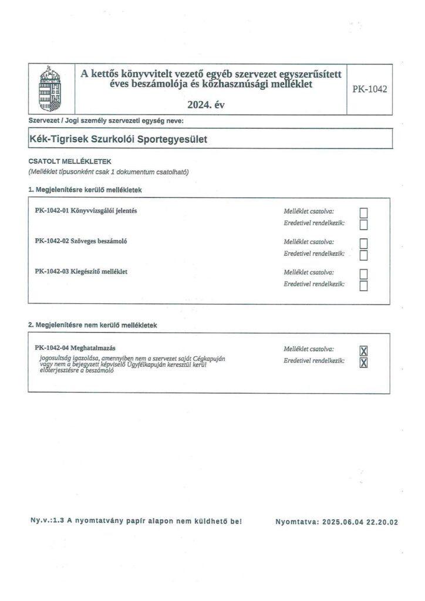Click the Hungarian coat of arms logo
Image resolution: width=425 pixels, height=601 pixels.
coord(49,89)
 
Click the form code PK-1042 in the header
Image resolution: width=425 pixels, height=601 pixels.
coord(370,90)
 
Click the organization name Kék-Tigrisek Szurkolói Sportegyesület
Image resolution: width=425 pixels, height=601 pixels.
coord(118,140)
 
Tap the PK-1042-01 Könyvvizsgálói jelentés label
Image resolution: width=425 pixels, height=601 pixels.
coord(86,211)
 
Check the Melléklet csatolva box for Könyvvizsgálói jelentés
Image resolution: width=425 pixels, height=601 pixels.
coord(363,212)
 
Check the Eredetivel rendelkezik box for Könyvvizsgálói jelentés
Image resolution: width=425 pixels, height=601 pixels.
coord(363,224)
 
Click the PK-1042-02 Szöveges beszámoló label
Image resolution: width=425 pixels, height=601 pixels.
coord(82,241)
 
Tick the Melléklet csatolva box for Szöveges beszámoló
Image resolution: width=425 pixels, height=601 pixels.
coord(363,243)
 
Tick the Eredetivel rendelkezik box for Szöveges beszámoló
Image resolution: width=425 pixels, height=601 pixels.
coord(363,255)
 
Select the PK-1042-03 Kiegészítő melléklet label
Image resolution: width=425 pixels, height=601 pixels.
coord(82,272)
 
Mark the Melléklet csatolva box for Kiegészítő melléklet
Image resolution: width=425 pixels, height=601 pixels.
coord(363,274)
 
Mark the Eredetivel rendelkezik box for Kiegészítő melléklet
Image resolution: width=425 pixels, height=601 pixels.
coord(363,285)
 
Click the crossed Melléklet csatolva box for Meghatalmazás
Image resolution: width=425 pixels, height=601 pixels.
coord(363,351)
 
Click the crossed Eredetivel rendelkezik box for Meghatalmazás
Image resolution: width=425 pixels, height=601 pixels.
coord(363,363)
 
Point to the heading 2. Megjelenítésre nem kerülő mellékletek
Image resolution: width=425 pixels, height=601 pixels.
coord(92,325)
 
